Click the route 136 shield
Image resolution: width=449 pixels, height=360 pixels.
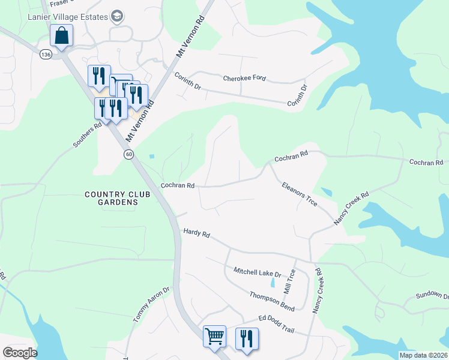(x=46, y=54)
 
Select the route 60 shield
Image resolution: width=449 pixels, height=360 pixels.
(x=129, y=155)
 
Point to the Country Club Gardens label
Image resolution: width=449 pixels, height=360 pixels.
(x=112, y=198)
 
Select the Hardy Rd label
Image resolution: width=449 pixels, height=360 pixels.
(x=196, y=233)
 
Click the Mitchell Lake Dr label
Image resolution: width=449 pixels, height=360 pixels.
(x=258, y=272)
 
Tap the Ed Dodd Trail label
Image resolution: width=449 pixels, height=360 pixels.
(x=277, y=320)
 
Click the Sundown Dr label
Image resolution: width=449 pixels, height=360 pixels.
(x=432, y=296)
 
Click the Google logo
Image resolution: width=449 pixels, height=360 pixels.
(x=20, y=353)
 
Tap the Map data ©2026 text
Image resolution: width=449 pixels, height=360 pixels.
(x=423, y=355)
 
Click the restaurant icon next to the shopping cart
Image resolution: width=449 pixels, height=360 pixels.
(x=247, y=338)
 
